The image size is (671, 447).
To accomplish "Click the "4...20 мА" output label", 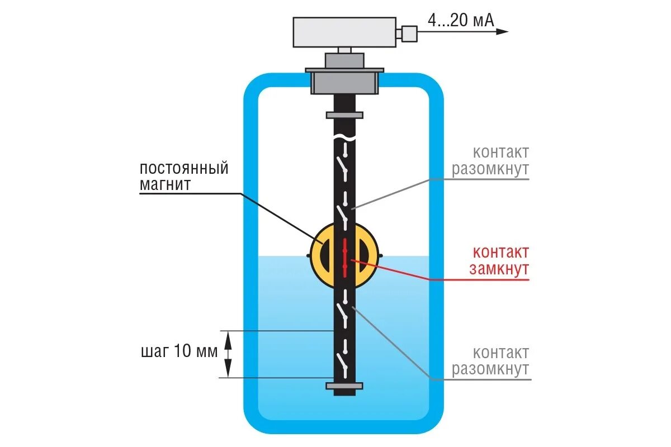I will coord(461,21).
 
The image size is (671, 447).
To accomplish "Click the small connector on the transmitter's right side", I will coord(409,32).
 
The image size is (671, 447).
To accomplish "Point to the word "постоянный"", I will coord(184,168).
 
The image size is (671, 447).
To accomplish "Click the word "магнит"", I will coord(165,185).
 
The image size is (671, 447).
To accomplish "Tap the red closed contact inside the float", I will coord(344,258).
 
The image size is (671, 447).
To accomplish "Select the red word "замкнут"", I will coord(499,269).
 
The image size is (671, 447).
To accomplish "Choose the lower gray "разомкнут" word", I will coord(490,369).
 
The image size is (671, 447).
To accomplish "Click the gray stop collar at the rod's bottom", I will coord(344,386).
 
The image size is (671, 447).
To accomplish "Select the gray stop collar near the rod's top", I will coord(344,115).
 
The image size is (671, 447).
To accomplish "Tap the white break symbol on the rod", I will coord(344,137).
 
